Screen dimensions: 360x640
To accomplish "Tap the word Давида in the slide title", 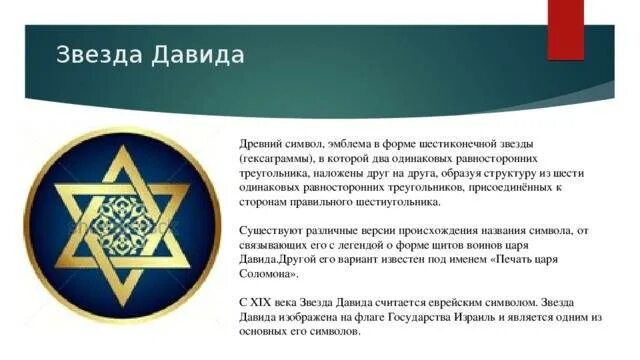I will [198, 54].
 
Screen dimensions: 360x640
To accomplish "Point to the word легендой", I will [369, 244].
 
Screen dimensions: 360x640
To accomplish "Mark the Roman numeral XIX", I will [263, 301].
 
